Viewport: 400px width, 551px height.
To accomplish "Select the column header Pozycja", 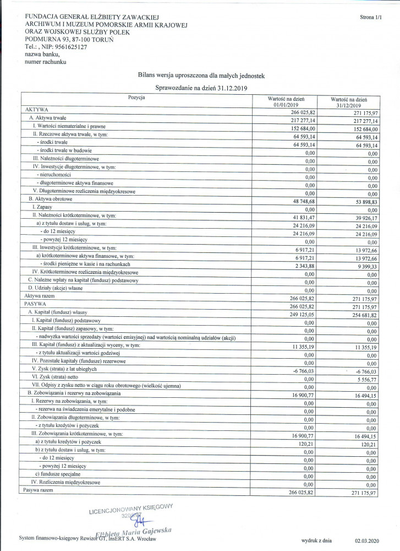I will (x=136, y=97).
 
